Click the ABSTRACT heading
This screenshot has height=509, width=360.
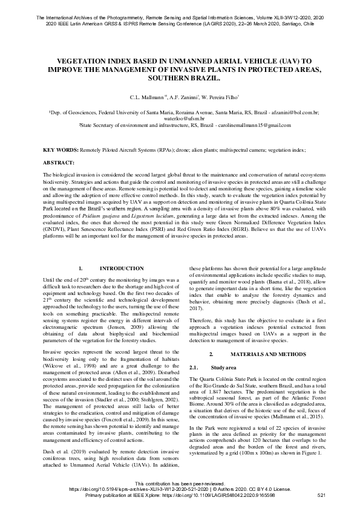pyautogui.click(x=59, y=163)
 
